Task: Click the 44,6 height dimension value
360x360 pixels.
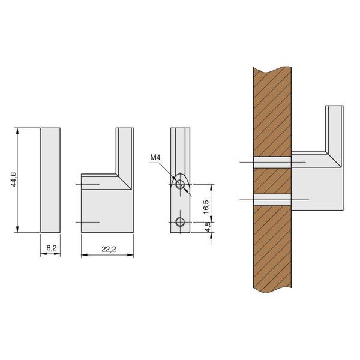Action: pos(14,179)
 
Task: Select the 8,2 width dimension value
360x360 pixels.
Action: pos(52,248)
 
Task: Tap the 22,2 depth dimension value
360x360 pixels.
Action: pos(109,249)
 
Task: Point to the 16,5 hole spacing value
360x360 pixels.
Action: pos(206,207)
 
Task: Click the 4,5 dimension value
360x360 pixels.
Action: pos(208,227)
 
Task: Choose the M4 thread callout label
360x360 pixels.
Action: pos(155,157)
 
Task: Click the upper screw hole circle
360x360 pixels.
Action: pos(180,184)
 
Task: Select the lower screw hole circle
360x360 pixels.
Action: pos(180,222)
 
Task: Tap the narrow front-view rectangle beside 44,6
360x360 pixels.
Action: pos(50,180)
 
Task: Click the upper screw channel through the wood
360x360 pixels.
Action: pos(272,163)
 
